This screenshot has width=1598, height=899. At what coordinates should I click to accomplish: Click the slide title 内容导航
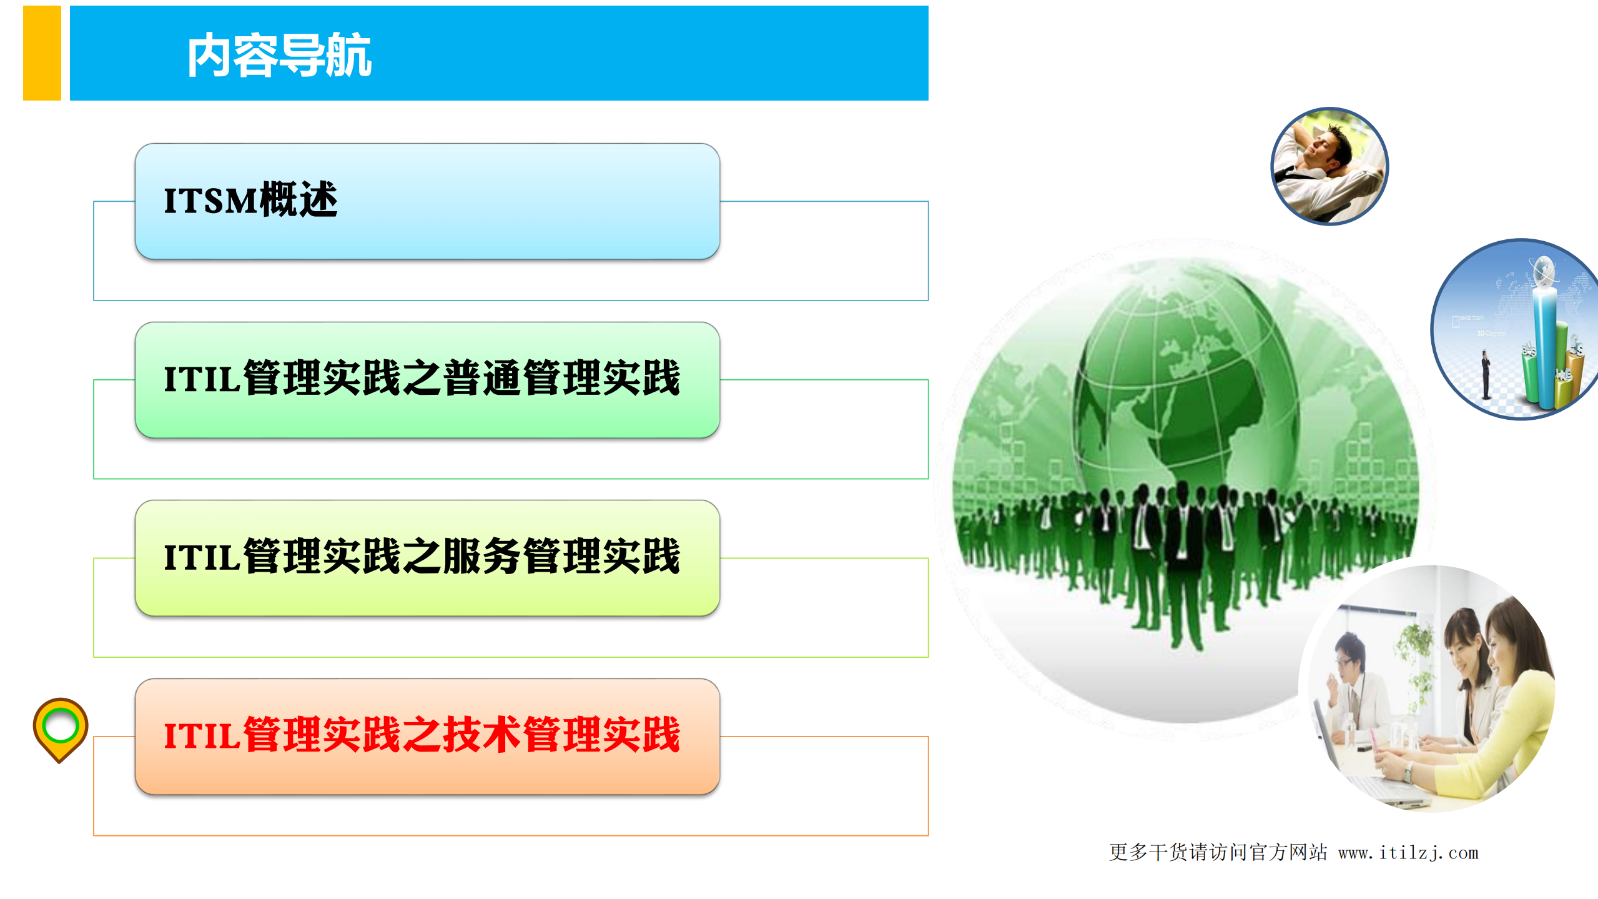point(279,56)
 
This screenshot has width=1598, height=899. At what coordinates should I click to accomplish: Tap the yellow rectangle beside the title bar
point(42,53)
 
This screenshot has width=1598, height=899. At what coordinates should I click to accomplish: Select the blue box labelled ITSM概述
point(427,201)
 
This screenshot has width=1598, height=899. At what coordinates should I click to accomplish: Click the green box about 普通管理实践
point(427,379)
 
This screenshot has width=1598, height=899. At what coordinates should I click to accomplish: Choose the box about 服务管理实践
point(427,557)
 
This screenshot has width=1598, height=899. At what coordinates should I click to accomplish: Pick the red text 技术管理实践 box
point(427,736)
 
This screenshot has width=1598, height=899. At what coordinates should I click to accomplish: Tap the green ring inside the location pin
point(60,725)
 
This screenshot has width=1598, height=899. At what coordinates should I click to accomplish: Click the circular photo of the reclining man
point(1329,166)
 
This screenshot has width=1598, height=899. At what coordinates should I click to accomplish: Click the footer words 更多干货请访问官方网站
point(1218,853)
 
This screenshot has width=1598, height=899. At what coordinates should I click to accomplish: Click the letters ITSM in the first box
point(210,201)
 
